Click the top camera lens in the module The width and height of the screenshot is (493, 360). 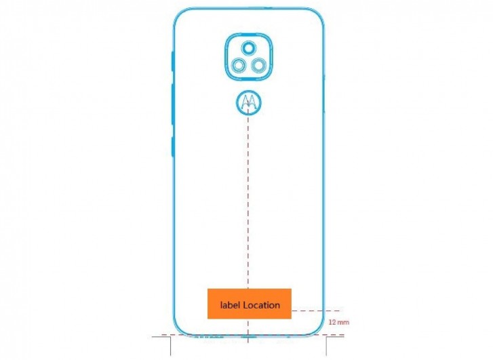tap(248, 47)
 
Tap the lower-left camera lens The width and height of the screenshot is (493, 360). tap(239, 65)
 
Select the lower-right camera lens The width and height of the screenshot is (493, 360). tap(258, 65)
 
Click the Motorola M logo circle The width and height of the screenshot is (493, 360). tap(248, 103)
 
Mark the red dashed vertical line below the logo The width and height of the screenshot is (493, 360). tap(248, 203)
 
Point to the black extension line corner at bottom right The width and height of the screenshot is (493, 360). tap(328, 336)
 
